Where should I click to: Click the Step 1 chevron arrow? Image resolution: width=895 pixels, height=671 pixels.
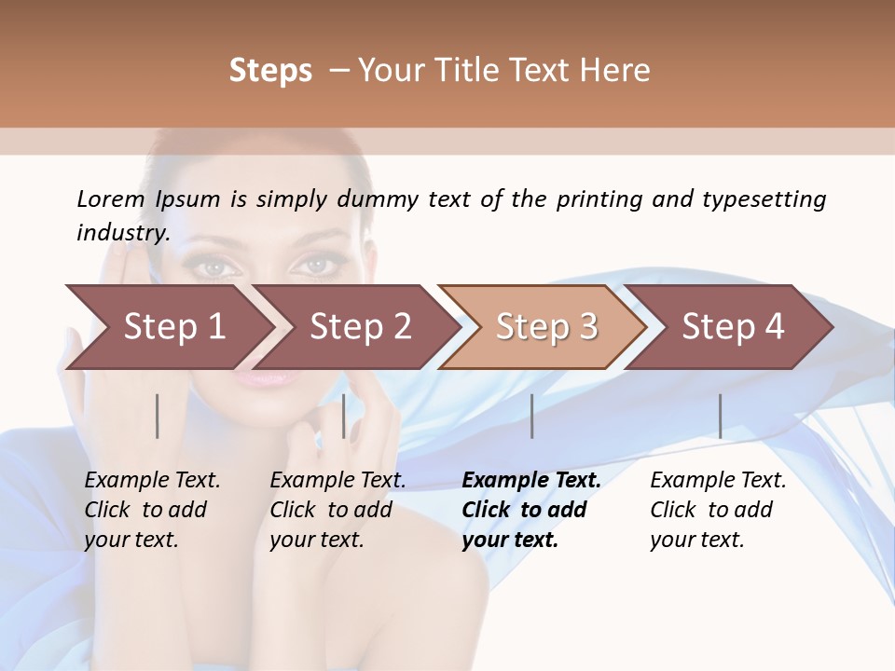click(173, 327)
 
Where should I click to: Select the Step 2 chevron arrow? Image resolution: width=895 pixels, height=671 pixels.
click(360, 327)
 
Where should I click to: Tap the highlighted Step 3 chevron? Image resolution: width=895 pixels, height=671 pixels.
click(546, 327)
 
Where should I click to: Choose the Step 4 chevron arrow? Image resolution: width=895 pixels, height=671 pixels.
click(733, 327)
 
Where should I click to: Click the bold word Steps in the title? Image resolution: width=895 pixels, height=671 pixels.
click(270, 71)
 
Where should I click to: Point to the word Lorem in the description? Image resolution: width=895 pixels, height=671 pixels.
click(111, 199)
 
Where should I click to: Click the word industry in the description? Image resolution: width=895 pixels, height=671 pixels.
click(122, 233)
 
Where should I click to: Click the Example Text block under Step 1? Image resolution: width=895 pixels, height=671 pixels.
click(152, 510)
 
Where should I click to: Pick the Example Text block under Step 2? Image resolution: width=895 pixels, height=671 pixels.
click(337, 510)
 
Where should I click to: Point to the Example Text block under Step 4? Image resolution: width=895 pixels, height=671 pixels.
click(718, 510)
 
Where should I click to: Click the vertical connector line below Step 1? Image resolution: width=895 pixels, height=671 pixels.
click(158, 416)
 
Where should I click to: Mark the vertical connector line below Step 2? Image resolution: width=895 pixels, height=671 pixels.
click(344, 416)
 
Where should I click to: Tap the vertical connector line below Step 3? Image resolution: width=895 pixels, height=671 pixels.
click(531, 416)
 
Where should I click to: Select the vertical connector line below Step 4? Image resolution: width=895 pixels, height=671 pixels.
click(720, 416)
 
